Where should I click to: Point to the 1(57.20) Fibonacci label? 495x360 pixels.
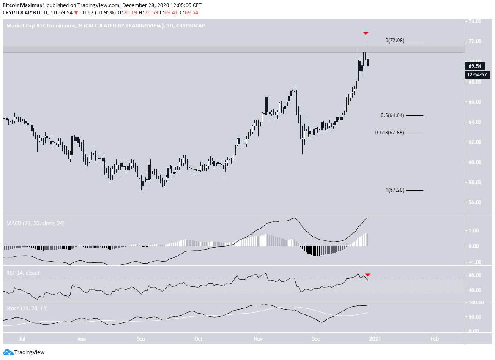[x=395, y=190]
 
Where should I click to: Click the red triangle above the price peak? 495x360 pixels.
[x=366, y=33]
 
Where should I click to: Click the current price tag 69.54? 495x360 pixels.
[x=475, y=66]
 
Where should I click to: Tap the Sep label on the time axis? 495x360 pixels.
[x=141, y=339]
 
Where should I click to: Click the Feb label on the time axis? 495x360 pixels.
[x=434, y=339]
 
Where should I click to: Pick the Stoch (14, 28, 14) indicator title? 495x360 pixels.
[x=27, y=308]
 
